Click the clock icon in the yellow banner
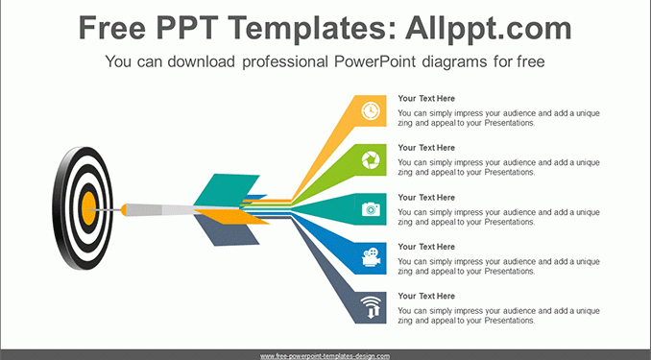coord(371,110)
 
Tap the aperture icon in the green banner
coord(371,160)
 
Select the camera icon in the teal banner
coord(371,209)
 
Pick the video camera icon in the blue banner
coord(372,257)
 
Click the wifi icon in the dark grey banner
coord(371,308)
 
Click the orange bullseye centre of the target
coord(88,209)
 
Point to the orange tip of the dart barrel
coord(124,209)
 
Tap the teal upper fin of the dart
coord(227,190)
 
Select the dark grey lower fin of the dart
coord(227,230)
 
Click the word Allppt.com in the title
coord(488,28)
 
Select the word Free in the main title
coord(112,28)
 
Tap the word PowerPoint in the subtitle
coord(374,61)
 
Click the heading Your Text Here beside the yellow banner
coord(426,99)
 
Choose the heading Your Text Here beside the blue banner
coord(426,247)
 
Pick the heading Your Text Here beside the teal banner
coord(426,197)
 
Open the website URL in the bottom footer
coord(325,356)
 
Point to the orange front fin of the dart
coord(232,216)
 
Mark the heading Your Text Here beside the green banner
coord(426,148)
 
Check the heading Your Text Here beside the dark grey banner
coord(426,296)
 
